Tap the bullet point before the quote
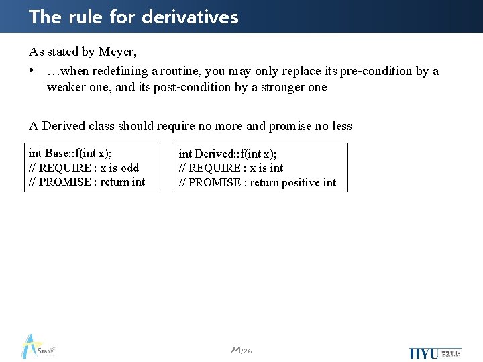tap(32, 71)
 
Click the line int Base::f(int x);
tap(70, 153)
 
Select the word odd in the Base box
tap(129, 168)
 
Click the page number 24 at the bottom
tap(235, 350)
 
